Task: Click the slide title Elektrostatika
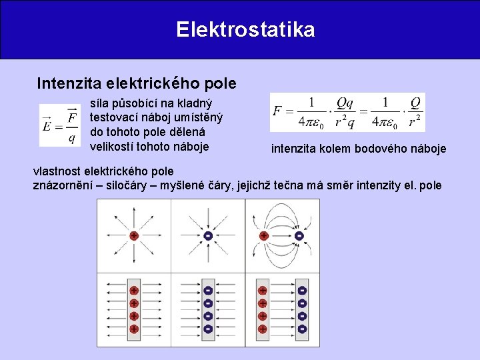[245, 30]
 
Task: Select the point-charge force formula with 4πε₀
[347, 113]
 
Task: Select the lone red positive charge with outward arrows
[133, 236]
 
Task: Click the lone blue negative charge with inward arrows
[208, 236]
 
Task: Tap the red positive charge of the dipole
[264, 236]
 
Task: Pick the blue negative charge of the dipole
[299, 236]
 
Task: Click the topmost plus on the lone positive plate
[133, 291]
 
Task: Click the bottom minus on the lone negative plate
[208, 329]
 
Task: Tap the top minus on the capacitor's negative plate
[302, 291]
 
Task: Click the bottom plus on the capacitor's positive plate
[263, 329]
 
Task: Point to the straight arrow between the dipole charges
[281, 236]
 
